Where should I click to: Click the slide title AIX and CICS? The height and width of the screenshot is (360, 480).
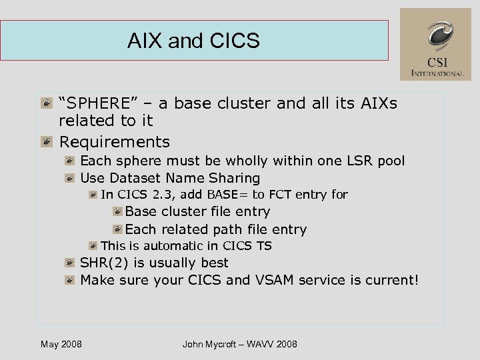[x=193, y=41]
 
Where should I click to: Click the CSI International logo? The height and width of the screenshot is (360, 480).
[x=435, y=45]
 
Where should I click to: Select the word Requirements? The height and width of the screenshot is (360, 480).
[x=115, y=142]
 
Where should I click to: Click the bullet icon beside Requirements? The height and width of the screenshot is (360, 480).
[x=46, y=142]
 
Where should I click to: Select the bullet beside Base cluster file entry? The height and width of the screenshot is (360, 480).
[x=117, y=212]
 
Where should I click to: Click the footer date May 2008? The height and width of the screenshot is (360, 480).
[x=61, y=344]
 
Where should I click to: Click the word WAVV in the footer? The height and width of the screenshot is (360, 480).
[x=260, y=344]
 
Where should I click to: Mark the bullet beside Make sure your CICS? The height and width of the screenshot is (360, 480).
[x=69, y=280]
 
